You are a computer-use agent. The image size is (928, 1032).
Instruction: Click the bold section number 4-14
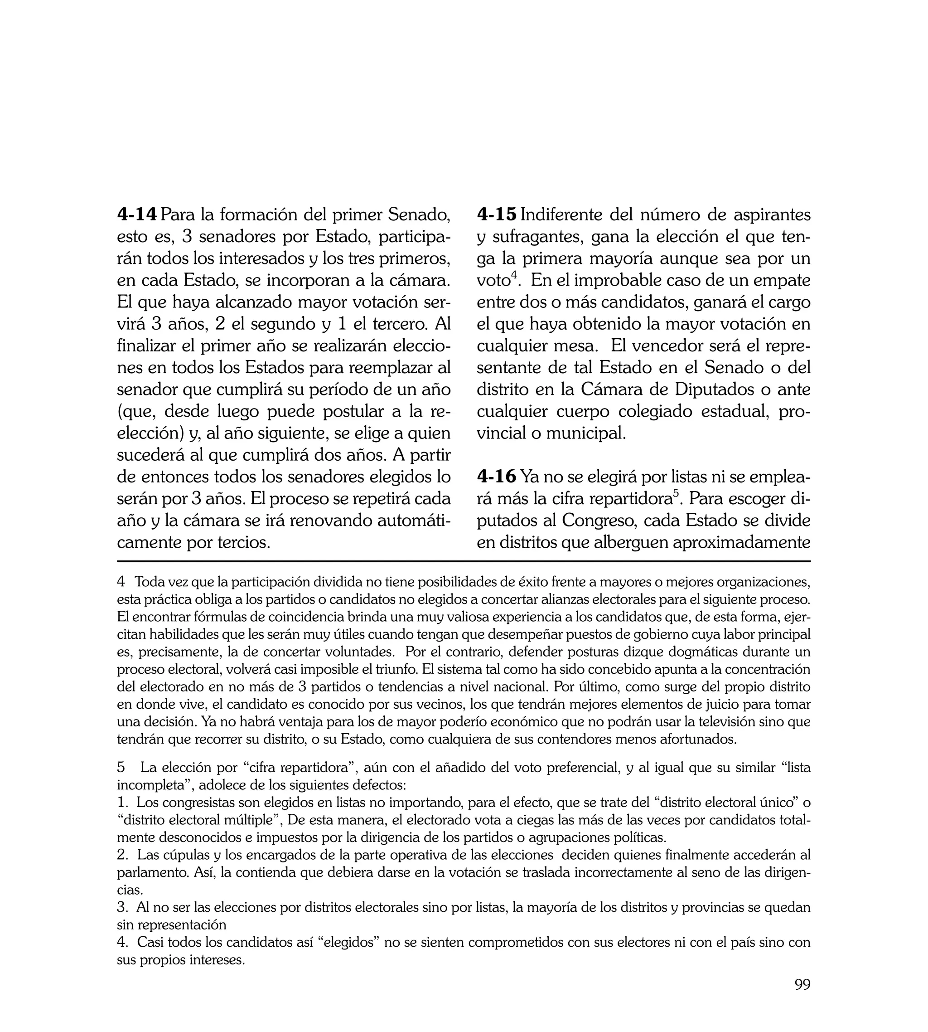[137, 215]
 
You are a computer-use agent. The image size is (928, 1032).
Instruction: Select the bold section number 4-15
[497, 215]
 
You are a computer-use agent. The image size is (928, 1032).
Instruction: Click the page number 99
[802, 998]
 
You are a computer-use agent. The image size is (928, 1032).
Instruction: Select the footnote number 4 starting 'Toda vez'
[121, 582]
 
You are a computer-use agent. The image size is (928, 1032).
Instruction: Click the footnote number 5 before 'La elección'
[121, 768]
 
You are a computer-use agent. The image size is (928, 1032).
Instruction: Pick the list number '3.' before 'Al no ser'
[122, 907]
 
